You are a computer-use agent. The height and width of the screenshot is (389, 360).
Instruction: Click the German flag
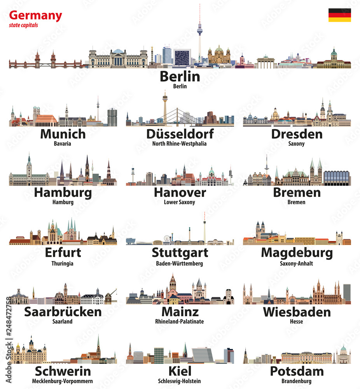tap(339, 15)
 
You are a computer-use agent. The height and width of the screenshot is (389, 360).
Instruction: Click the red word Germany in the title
tap(35, 16)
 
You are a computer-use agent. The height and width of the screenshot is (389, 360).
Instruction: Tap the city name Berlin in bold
tap(180, 76)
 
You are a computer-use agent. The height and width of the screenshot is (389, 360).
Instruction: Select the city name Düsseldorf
tap(180, 134)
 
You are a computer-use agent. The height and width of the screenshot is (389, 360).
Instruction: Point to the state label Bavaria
tap(63, 144)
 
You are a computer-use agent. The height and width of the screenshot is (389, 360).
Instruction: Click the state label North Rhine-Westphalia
tap(180, 144)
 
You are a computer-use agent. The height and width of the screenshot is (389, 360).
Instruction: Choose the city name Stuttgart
tap(180, 252)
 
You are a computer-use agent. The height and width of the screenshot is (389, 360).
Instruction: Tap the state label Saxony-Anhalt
tap(296, 263)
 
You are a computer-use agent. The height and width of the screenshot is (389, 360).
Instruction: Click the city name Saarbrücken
tap(63, 312)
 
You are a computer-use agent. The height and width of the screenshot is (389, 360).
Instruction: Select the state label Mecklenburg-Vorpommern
tap(63, 381)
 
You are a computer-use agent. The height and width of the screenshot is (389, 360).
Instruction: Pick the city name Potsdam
tap(297, 371)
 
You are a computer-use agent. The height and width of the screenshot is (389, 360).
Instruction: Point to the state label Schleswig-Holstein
tap(180, 381)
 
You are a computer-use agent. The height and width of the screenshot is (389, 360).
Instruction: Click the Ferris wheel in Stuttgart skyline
tap(168, 238)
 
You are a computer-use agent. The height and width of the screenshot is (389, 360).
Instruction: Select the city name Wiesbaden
tap(297, 312)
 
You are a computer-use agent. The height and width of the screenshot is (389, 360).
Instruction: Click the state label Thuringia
tap(63, 263)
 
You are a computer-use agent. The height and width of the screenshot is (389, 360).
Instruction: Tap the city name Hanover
tap(180, 192)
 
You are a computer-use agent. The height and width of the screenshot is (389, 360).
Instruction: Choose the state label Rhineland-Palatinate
tap(180, 322)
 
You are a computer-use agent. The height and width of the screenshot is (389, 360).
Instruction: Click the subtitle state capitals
tap(23, 26)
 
